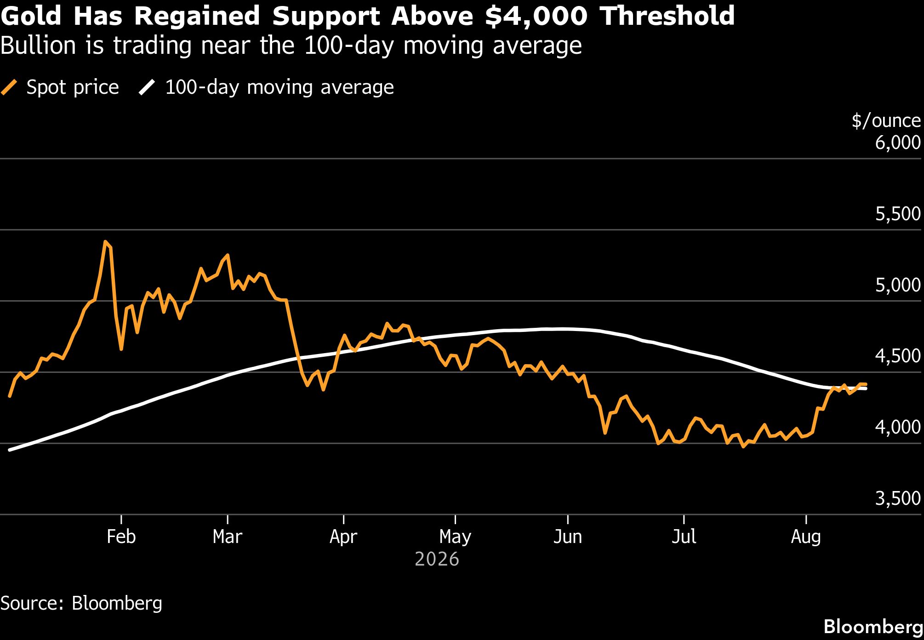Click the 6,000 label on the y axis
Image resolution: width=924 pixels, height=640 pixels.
coord(898,143)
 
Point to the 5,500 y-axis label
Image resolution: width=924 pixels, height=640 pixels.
coord(898,214)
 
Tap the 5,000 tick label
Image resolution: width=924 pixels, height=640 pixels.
coord(898,285)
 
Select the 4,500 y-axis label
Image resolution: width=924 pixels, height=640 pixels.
coord(898,356)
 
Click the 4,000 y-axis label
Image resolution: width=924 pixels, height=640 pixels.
coord(898,427)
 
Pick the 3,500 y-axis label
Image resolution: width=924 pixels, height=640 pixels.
coord(898,498)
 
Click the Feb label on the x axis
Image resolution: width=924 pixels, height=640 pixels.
coord(121,537)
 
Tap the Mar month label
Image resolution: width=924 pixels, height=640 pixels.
coord(228,537)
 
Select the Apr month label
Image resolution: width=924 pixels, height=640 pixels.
coord(343,537)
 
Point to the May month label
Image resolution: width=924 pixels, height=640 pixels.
coord(455,537)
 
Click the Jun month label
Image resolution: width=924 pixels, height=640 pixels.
coord(568,537)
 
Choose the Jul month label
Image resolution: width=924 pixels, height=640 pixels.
coord(684,537)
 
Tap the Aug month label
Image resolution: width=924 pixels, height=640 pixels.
coord(806,537)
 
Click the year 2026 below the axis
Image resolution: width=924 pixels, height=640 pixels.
coord(437,559)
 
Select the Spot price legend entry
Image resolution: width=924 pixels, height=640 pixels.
coord(60,87)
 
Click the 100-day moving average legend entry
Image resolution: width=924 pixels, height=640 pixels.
coord(267,87)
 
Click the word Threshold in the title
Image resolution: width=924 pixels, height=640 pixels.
coord(667,16)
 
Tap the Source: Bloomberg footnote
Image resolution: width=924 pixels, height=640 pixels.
coord(81,603)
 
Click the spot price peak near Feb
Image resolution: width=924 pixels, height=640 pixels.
coord(105,241)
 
